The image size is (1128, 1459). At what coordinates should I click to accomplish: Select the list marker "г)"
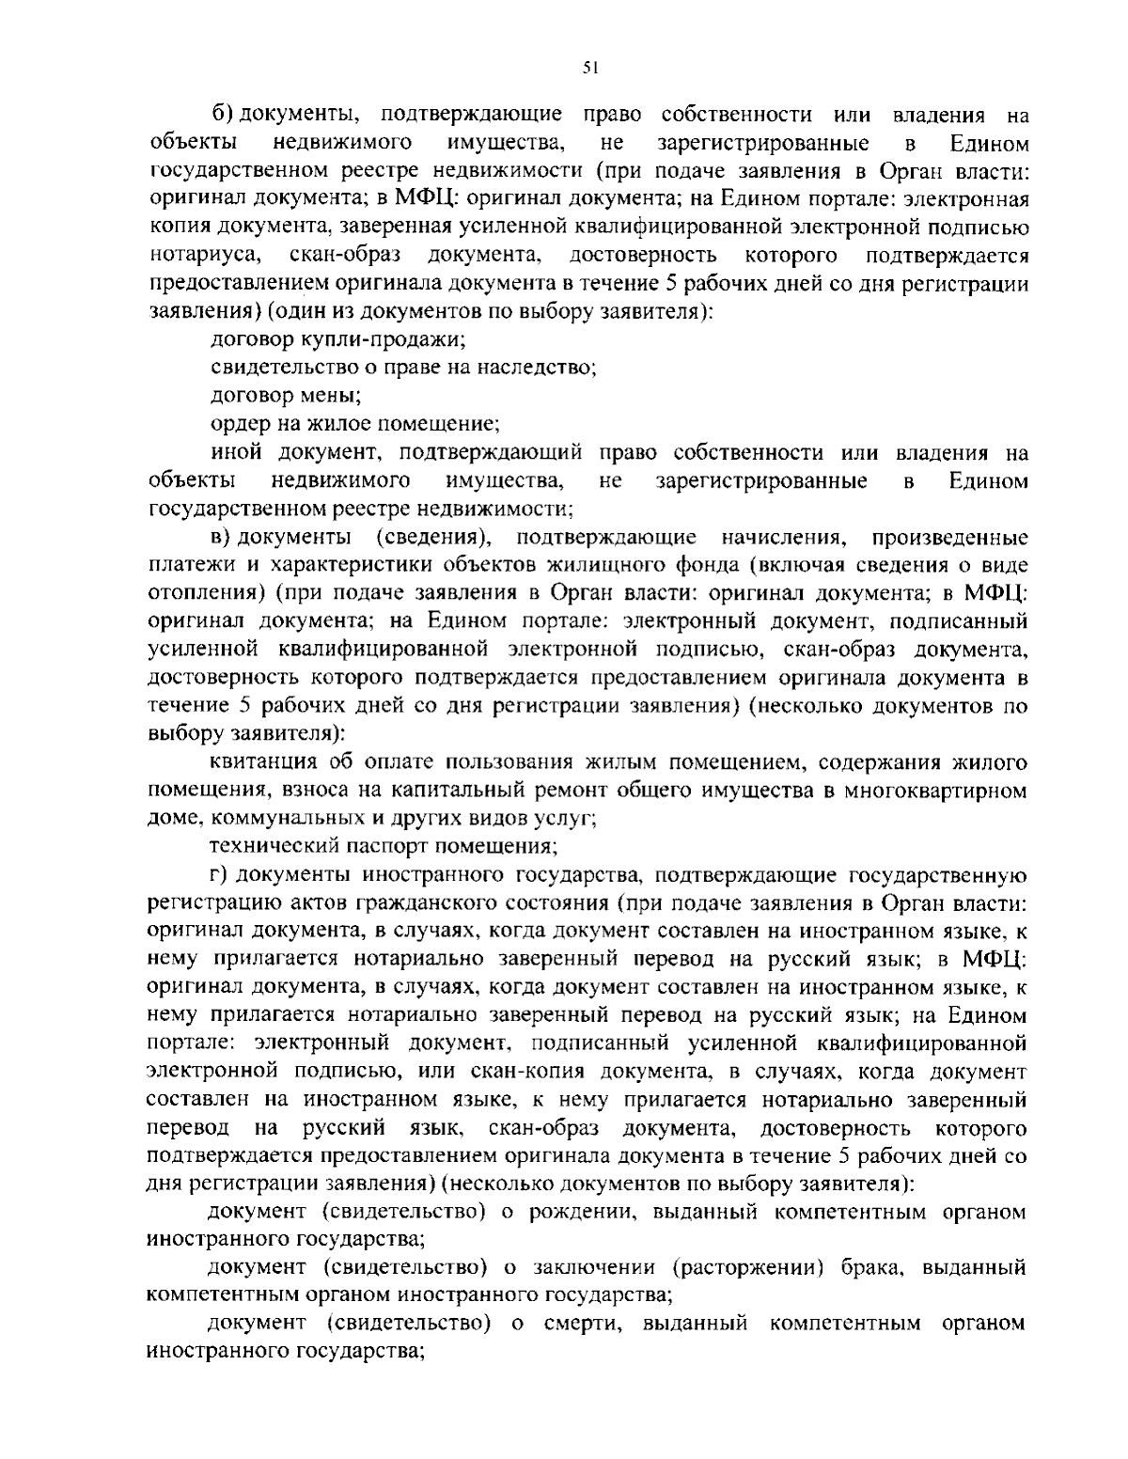coord(218,876)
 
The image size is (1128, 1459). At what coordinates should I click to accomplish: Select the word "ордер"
coord(239,424)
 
